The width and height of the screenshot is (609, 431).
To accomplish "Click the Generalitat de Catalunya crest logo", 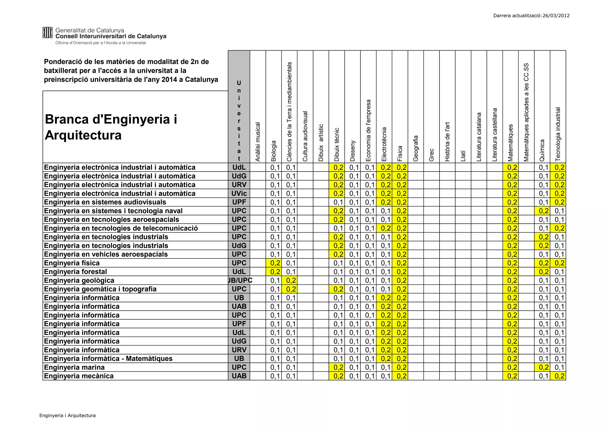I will [x=47, y=33].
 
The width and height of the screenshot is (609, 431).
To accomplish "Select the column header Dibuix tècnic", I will [x=337, y=145].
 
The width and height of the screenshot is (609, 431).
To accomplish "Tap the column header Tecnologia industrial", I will [x=558, y=134].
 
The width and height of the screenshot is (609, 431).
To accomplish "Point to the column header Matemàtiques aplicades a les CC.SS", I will [x=526, y=112].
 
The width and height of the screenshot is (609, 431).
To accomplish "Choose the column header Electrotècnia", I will [x=384, y=144].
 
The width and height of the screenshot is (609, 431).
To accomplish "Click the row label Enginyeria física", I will [x=72, y=263].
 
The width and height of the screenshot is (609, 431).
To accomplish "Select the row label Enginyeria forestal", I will [x=75, y=272].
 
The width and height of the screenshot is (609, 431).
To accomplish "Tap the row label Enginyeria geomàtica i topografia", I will [x=100, y=289].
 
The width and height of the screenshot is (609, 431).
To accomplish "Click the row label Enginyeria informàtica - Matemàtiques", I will [x=108, y=359].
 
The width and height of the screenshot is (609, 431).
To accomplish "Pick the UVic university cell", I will [x=239, y=194].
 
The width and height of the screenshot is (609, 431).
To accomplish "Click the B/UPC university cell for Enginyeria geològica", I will [x=240, y=281].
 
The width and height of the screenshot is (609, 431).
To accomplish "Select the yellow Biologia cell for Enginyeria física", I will [x=275, y=263].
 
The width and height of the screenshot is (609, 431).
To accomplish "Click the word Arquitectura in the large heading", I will [x=83, y=135].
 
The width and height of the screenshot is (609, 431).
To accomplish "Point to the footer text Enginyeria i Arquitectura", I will [x=68, y=416].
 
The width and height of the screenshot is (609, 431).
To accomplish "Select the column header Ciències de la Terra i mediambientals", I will [x=289, y=112].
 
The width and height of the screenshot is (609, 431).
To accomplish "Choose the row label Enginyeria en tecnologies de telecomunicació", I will [x=121, y=228].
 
